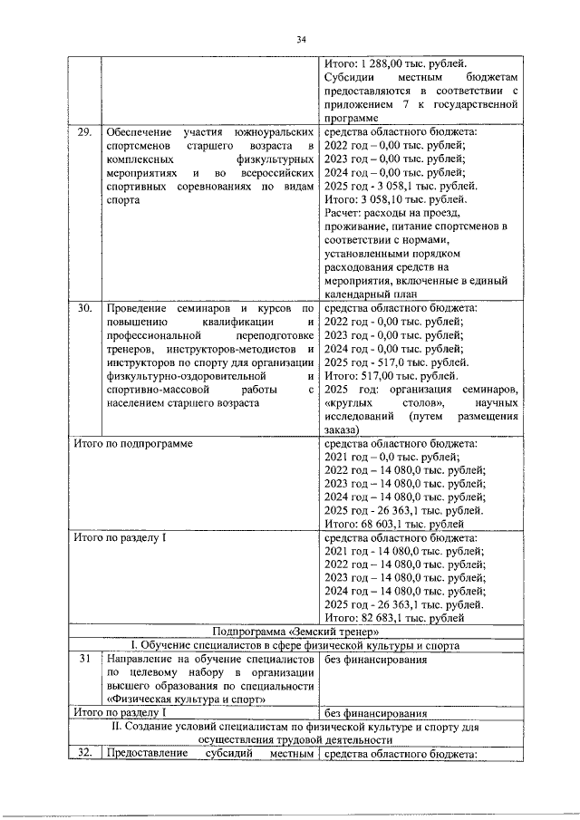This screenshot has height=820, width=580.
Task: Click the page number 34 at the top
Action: click(302, 39)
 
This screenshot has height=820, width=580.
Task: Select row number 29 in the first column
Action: click(83, 132)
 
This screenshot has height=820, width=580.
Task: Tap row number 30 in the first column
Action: click(83, 308)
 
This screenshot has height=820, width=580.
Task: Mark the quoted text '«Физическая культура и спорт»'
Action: click(185, 699)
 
